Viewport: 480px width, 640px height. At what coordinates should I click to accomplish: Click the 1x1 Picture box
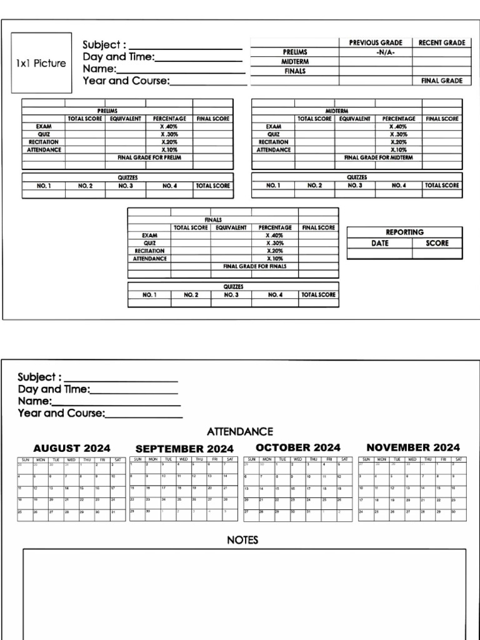(41, 63)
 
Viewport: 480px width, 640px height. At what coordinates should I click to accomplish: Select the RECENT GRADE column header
(441, 42)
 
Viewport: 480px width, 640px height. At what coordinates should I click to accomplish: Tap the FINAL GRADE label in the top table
(441, 81)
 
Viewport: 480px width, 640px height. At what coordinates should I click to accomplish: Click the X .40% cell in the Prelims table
(169, 126)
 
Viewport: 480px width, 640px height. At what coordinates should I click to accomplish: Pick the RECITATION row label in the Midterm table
(273, 142)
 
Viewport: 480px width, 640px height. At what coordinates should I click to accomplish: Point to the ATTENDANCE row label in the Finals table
(149, 258)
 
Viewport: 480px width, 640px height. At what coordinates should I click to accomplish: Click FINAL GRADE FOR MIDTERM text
(382, 157)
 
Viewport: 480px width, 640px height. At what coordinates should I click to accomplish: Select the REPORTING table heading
(404, 232)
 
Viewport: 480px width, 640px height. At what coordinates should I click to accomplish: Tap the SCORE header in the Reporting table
(437, 243)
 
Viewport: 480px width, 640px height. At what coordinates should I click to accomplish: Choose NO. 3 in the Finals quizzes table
(231, 294)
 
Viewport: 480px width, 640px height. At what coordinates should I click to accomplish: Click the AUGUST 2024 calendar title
(71, 448)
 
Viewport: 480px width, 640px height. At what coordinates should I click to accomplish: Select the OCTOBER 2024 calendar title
(298, 447)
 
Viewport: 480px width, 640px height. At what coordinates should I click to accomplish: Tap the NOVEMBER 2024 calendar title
(412, 447)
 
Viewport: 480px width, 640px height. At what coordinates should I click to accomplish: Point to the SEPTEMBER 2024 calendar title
(184, 449)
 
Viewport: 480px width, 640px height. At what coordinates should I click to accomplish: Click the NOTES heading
(242, 540)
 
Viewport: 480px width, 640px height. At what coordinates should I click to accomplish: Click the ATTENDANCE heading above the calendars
(239, 432)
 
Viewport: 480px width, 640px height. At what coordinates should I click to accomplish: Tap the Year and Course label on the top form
(126, 81)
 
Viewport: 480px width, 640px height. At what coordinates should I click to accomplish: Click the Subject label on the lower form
(39, 377)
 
